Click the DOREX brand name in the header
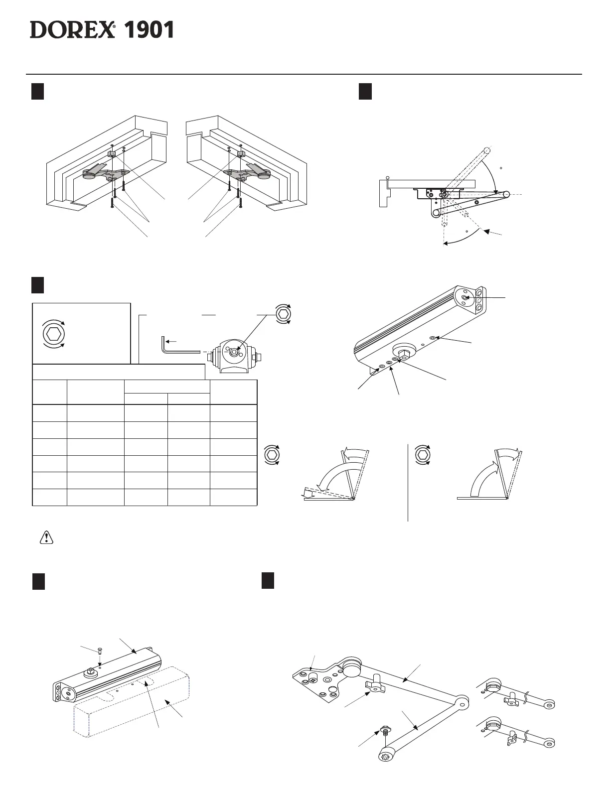click(x=72, y=30)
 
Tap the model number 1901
click(x=149, y=30)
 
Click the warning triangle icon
click(x=46, y=536)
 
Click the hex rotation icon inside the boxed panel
click(x=52, y=332)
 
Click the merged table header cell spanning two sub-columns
click(x=167, y=387)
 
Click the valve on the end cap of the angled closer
click(x=464, y=297)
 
